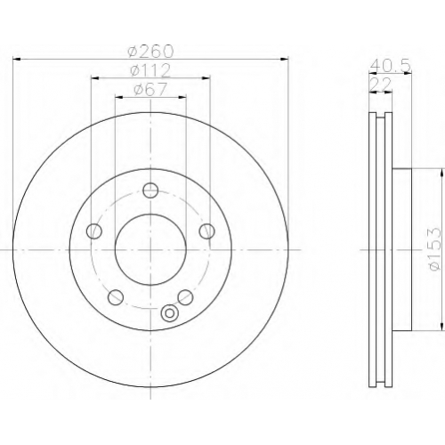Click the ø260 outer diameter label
point(150,52)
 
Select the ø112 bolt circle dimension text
point(150,70)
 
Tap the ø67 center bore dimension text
point(150,89)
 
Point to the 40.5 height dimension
point(390,66)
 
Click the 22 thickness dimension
point(381,85)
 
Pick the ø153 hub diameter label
point(434,249)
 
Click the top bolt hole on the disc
point(150,190)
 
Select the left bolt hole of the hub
point(94,231)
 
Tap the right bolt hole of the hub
point(206,231)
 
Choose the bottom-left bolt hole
point(116,297)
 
